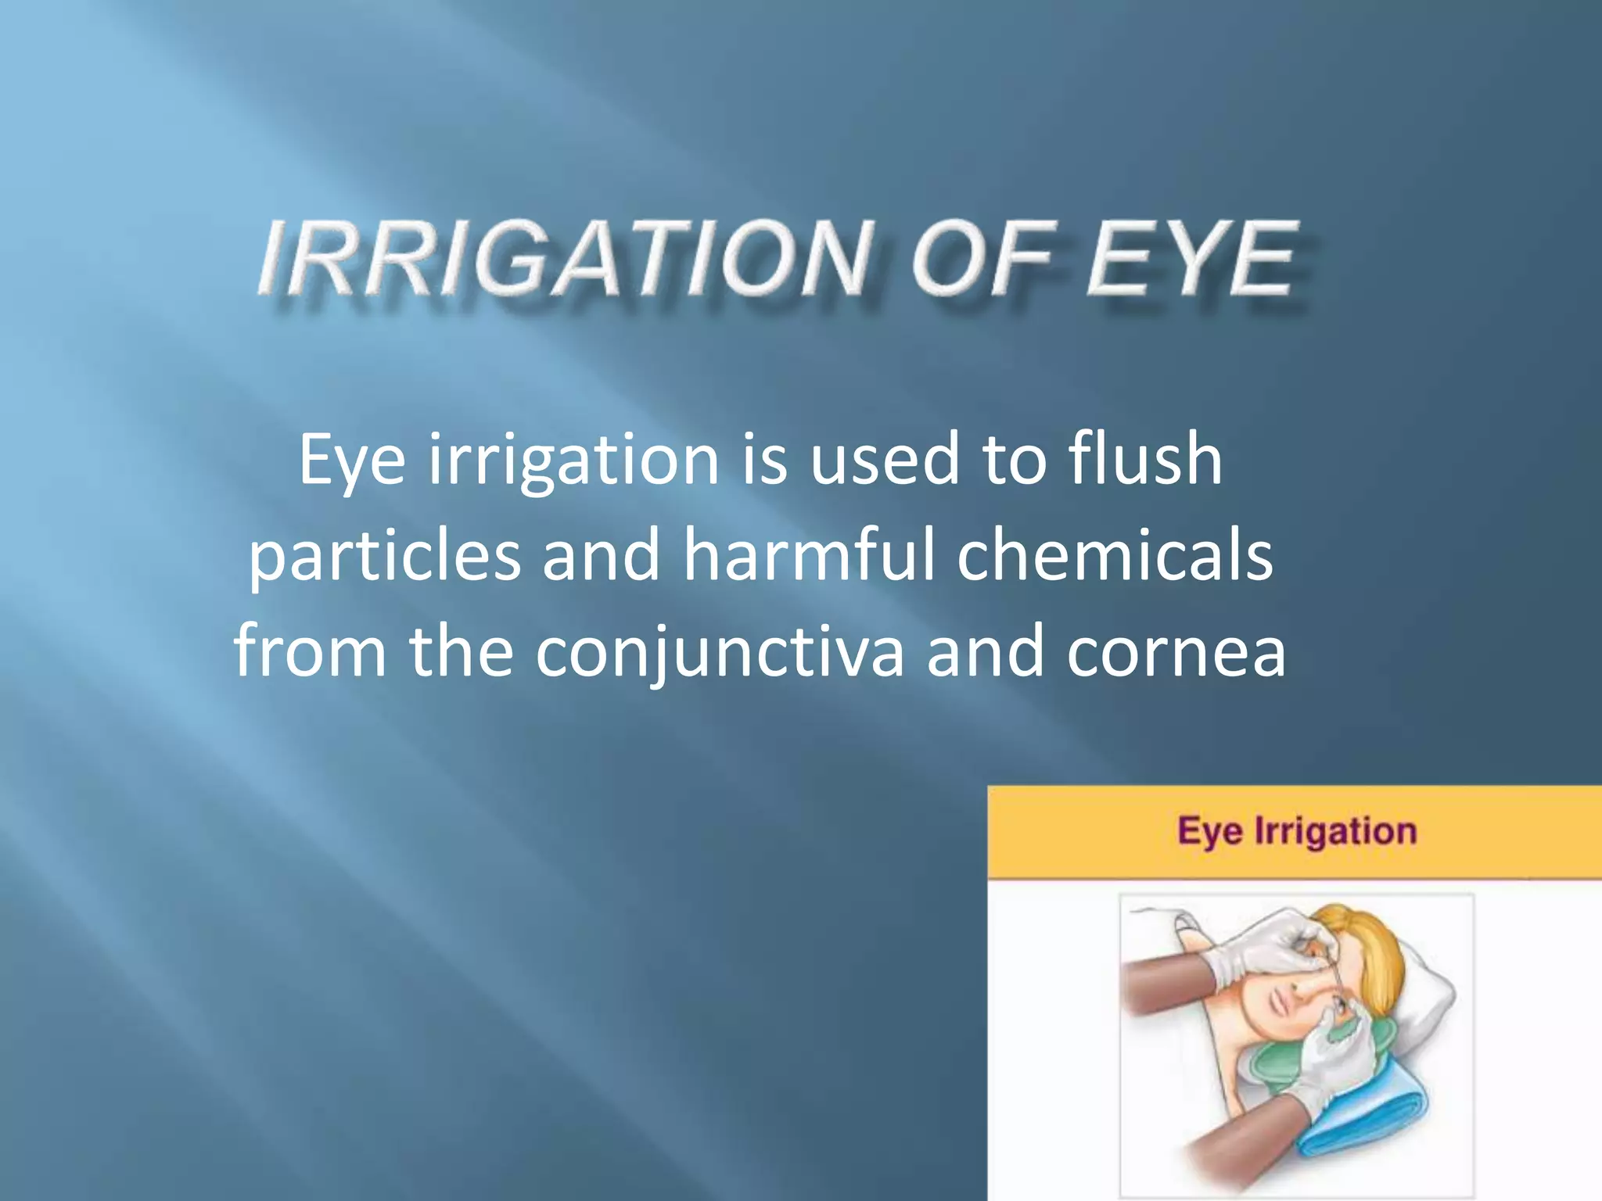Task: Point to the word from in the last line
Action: (x=310, y=651)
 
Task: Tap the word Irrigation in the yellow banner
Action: (x=1335, y=831)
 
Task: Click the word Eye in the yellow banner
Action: (x=1210, y=831)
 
